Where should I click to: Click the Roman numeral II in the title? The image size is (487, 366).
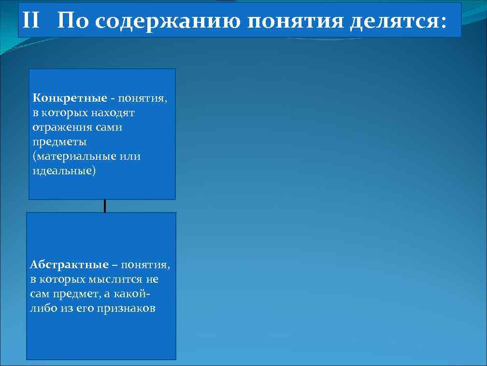[x=31, y=21]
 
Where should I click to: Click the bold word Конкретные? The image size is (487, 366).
[x=70, y=98]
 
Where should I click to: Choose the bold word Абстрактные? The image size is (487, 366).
[x=69, y=265]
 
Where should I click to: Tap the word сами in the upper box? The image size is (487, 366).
[x=109, y=127]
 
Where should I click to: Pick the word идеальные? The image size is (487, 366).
[x=63, y=171]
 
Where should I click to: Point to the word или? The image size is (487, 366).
[x=131, y=157]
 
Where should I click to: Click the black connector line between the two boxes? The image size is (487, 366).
[x=104, y=206]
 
